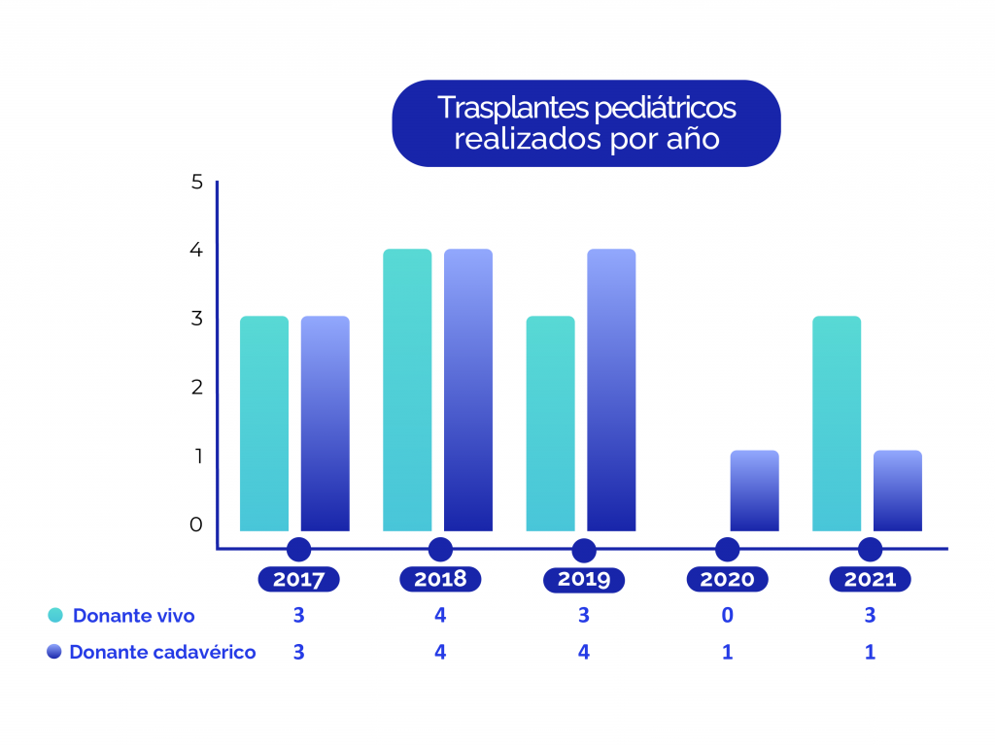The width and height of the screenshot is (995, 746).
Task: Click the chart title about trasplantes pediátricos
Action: (585, 122)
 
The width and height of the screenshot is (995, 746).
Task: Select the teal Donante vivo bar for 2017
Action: (264, 424)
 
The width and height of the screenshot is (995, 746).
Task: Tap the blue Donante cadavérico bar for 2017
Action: (325, 424)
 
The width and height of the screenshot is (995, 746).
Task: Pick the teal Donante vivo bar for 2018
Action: (407, 390)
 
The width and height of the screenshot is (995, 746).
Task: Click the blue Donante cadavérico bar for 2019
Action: (611, 390)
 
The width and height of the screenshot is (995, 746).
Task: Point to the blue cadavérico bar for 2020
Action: (754, 491)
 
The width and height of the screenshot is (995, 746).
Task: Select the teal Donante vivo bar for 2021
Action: (837, 424)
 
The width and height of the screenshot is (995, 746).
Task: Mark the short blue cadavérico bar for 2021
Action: (897, 491)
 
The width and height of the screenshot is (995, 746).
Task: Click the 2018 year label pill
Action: (440, 580)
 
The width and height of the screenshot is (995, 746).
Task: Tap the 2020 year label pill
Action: (727, 580)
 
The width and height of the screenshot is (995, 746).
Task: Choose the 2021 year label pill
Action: (870, 580)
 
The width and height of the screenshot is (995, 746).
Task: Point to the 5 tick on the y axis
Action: (197, 182)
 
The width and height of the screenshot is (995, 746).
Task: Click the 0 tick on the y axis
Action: (197, 525)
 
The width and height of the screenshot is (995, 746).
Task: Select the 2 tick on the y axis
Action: (197, 387)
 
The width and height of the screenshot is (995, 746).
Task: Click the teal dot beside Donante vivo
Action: (55, 615)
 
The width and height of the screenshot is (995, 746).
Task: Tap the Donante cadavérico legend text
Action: (162, 652)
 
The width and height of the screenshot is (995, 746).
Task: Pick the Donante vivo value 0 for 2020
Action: (727, 615)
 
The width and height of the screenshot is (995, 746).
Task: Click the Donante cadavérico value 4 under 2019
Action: (584, 652)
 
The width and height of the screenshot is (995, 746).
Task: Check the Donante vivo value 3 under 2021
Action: (870, 615)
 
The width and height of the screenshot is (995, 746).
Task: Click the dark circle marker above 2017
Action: (298, 549)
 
